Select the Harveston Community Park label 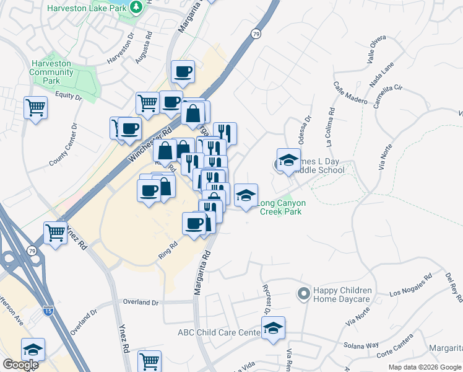tap(51, 72)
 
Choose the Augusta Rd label tap(149, 48)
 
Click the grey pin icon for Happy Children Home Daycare tap(303, 293)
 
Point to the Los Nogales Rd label tap(410, 286)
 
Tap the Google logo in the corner tap(20, 365)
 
